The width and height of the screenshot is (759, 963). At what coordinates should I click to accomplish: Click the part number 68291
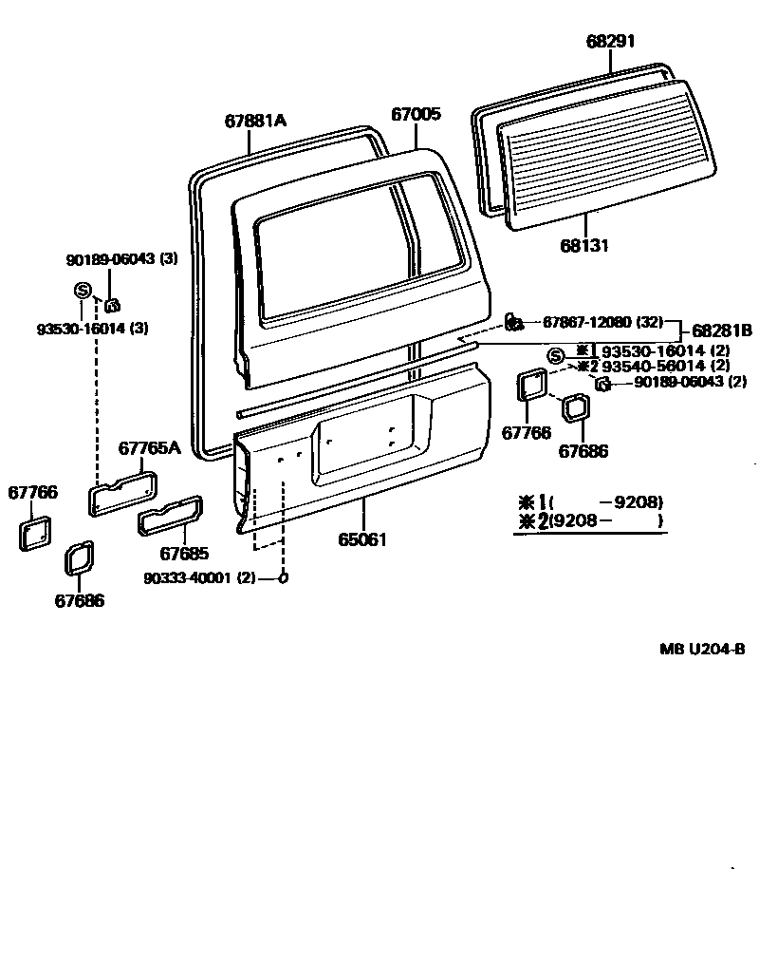click(x=610, y=41)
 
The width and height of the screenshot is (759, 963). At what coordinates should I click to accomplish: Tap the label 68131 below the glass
click(x=583, y=246)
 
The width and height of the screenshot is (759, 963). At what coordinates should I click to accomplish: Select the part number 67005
click(x=416, y=115)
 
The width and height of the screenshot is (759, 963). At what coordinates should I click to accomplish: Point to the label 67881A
click(x=255, y=121)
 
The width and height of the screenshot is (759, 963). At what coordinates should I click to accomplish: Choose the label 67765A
click(x=149, y=448)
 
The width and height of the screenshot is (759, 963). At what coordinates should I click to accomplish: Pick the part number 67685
click(x=184, y=553)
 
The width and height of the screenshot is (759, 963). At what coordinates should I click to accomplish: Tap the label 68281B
click(x=722, y=330)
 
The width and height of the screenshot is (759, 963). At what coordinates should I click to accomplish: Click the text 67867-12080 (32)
click(x=602, y=322)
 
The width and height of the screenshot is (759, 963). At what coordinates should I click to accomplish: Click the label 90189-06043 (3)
click(x=121, y=258)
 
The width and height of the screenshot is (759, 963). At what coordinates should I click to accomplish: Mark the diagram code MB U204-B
click(x=702, y=650)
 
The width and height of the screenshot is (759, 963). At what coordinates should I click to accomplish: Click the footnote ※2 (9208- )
click(x=588, y=521)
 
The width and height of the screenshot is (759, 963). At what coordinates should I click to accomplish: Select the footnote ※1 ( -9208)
click(x=588, y=501)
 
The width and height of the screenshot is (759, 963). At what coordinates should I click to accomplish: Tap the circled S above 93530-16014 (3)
click(x=81, y=291)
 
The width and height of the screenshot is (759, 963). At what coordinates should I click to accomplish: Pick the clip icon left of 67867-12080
click(x=512, y=322)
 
